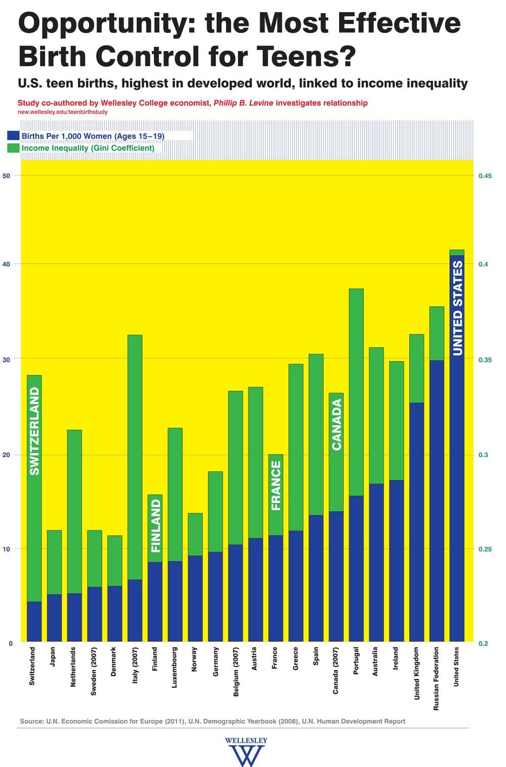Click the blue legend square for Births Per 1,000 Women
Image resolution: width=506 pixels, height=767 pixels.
tap(14, 136)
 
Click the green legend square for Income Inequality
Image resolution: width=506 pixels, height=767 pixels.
tap(14, 148)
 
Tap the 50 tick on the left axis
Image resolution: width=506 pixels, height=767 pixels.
tap(7, 176)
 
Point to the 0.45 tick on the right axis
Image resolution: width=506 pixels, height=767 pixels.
tap(485, 176)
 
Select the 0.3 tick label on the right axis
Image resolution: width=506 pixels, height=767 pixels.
tap(483, 455)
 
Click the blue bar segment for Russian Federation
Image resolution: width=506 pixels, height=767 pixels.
tap(437, 501)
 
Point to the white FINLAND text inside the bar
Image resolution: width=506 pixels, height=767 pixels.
tap(155, 526)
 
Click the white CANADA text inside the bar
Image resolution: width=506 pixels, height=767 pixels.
tap(336, 424)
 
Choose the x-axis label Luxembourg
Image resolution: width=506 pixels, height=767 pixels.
tap(175, 667)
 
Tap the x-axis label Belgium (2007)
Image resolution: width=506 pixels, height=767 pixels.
tap(235, 671)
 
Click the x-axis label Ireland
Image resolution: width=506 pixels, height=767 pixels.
tap(396, 658)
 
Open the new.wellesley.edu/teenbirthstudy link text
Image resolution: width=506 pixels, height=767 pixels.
tap(63, 112)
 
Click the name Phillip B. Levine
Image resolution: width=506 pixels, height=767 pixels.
tap(243, 103)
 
